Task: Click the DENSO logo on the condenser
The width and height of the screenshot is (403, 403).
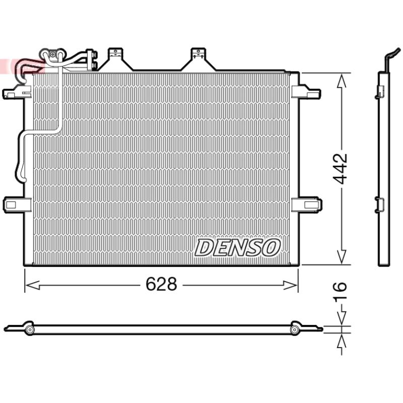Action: coord(237,247)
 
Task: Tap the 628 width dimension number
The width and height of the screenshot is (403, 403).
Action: coord(161,284)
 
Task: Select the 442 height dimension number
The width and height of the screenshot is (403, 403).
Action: coord(340,169)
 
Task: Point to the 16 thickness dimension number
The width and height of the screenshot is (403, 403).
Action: coord(340,291)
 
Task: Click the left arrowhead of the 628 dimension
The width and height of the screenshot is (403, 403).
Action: coord(33,285)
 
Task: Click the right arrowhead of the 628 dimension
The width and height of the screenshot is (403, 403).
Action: coord(290,285)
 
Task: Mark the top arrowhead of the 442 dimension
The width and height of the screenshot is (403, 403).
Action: coord(342,81)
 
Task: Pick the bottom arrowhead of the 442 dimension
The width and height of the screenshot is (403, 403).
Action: coord(342,257)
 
